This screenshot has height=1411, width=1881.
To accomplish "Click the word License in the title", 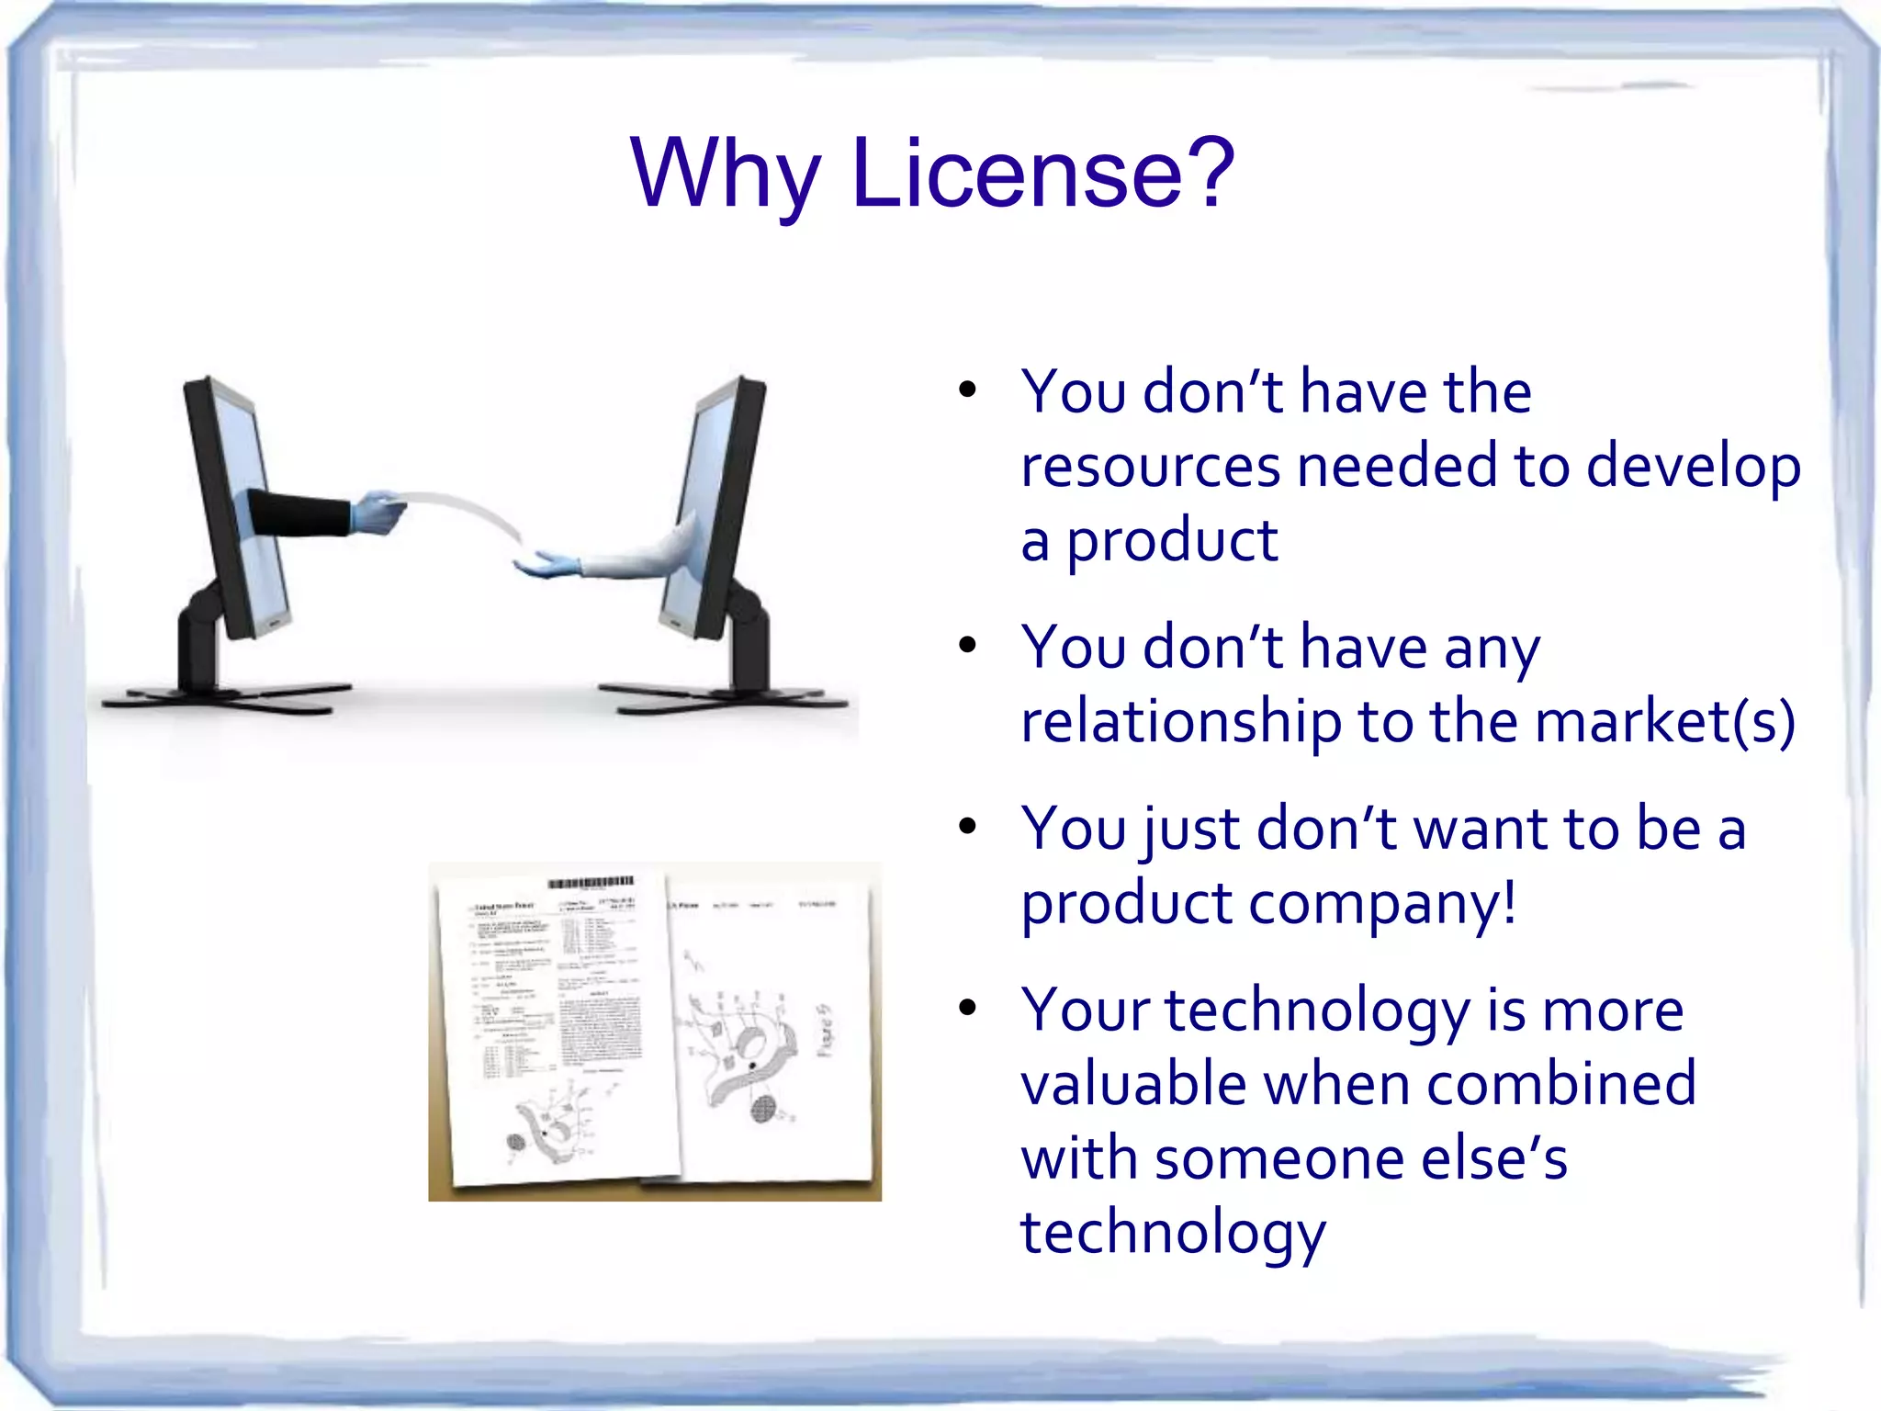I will point(1043,173).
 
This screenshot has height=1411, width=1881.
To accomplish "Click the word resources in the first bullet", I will point(1151,466).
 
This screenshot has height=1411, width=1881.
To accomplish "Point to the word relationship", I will point(1181,721).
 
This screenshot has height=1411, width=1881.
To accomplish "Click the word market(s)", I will point(1664,721).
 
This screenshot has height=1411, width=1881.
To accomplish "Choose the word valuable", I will point(1134,1084).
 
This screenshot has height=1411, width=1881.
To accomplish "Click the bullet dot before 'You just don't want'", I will point(966,827).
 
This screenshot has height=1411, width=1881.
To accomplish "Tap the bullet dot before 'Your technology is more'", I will point(966,1009).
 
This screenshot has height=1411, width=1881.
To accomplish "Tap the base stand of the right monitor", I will point(726,698).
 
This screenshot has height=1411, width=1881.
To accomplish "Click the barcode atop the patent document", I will point(591,883).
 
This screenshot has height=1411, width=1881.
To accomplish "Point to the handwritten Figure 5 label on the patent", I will point(826,1030).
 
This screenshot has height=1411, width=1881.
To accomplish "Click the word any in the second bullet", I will point(1492,649).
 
